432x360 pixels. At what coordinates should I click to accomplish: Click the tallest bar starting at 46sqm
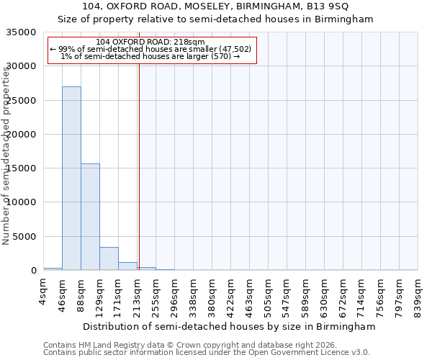coord(71,179)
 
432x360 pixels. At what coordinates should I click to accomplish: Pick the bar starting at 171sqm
coord(127,266)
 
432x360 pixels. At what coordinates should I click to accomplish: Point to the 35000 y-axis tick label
coord(21,32)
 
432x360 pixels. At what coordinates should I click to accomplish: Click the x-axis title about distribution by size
coord(229,327)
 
